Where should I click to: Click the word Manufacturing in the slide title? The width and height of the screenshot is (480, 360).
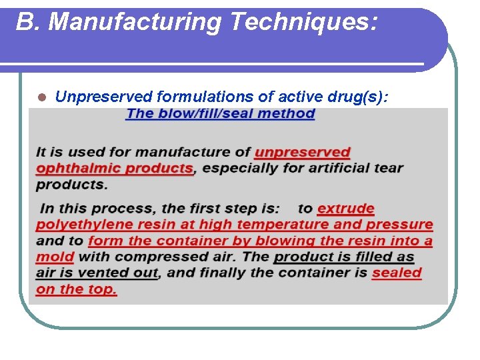(135, 22)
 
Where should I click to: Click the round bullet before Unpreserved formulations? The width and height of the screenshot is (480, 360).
(41, 97)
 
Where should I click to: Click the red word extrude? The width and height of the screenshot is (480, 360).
(346, 209)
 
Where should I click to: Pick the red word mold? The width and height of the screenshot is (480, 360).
(55, 257)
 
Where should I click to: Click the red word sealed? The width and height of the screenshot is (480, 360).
(397, 273)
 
